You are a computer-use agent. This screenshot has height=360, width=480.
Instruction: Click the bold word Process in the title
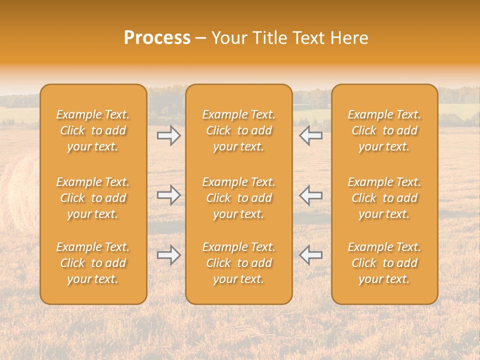(x=157, y=38)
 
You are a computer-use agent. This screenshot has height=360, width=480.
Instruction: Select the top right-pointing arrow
(x=168, y=135)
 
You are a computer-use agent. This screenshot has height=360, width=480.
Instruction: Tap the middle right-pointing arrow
(x=168, y=195)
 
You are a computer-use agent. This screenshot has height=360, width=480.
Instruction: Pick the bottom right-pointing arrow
(x=168, y=255)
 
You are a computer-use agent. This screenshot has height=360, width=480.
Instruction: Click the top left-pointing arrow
(x=311, y=135)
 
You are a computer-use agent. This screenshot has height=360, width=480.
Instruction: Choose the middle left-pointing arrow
(x=311, y=195)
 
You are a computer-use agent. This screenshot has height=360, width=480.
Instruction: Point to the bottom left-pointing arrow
(x=311, y=255)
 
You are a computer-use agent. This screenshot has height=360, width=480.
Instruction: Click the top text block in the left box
(x=93, y=130)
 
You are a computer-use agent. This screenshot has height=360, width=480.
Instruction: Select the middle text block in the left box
(x=93, y=198)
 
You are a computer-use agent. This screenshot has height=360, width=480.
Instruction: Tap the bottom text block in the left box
(x=93, y=263)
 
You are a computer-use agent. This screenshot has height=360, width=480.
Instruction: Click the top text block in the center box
(x=238, y=130)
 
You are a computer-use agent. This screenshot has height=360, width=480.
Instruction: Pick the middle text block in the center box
(x=238, y=198)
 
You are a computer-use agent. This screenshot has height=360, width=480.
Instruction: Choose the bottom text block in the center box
(x=238, y=263)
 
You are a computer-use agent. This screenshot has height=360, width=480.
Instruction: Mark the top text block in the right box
(x=384, y=130)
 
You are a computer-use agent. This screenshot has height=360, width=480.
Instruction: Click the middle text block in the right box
(x=384, y=198)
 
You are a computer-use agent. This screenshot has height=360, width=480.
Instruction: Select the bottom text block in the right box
(x=384, y=263)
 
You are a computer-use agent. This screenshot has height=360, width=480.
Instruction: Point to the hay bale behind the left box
(x=20, y=195)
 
